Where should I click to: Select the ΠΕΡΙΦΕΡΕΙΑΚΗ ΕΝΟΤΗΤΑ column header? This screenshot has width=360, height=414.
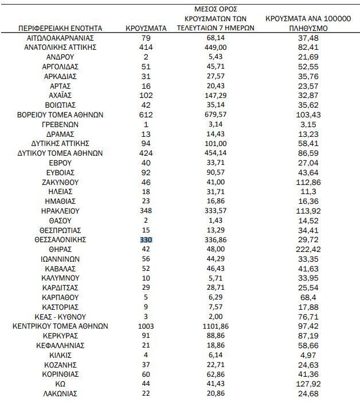[60, 27]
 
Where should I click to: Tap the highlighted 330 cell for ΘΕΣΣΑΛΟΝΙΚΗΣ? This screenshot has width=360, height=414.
[146, 240]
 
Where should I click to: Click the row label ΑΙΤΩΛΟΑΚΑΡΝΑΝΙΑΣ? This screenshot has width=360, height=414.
[60, 38]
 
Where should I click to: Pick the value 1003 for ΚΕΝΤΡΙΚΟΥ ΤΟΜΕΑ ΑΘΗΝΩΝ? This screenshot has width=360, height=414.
[146, 326]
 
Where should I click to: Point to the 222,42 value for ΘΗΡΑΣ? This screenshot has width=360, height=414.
[308, 250]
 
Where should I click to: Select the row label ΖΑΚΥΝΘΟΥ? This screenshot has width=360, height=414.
[60, 182]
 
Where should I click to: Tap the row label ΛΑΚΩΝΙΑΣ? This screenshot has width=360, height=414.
[60, 394]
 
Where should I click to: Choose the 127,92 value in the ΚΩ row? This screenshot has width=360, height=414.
[308, 384]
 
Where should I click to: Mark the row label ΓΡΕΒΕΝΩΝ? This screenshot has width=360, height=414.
[60, 124]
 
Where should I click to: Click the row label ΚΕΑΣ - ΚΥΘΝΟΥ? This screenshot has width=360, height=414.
[60, 317]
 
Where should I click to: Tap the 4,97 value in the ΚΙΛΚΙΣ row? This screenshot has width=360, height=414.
[308, 356]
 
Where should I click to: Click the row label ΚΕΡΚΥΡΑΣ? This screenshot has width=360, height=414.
[60, 336]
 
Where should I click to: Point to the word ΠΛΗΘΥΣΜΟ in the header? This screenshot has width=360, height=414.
[308, 27]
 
